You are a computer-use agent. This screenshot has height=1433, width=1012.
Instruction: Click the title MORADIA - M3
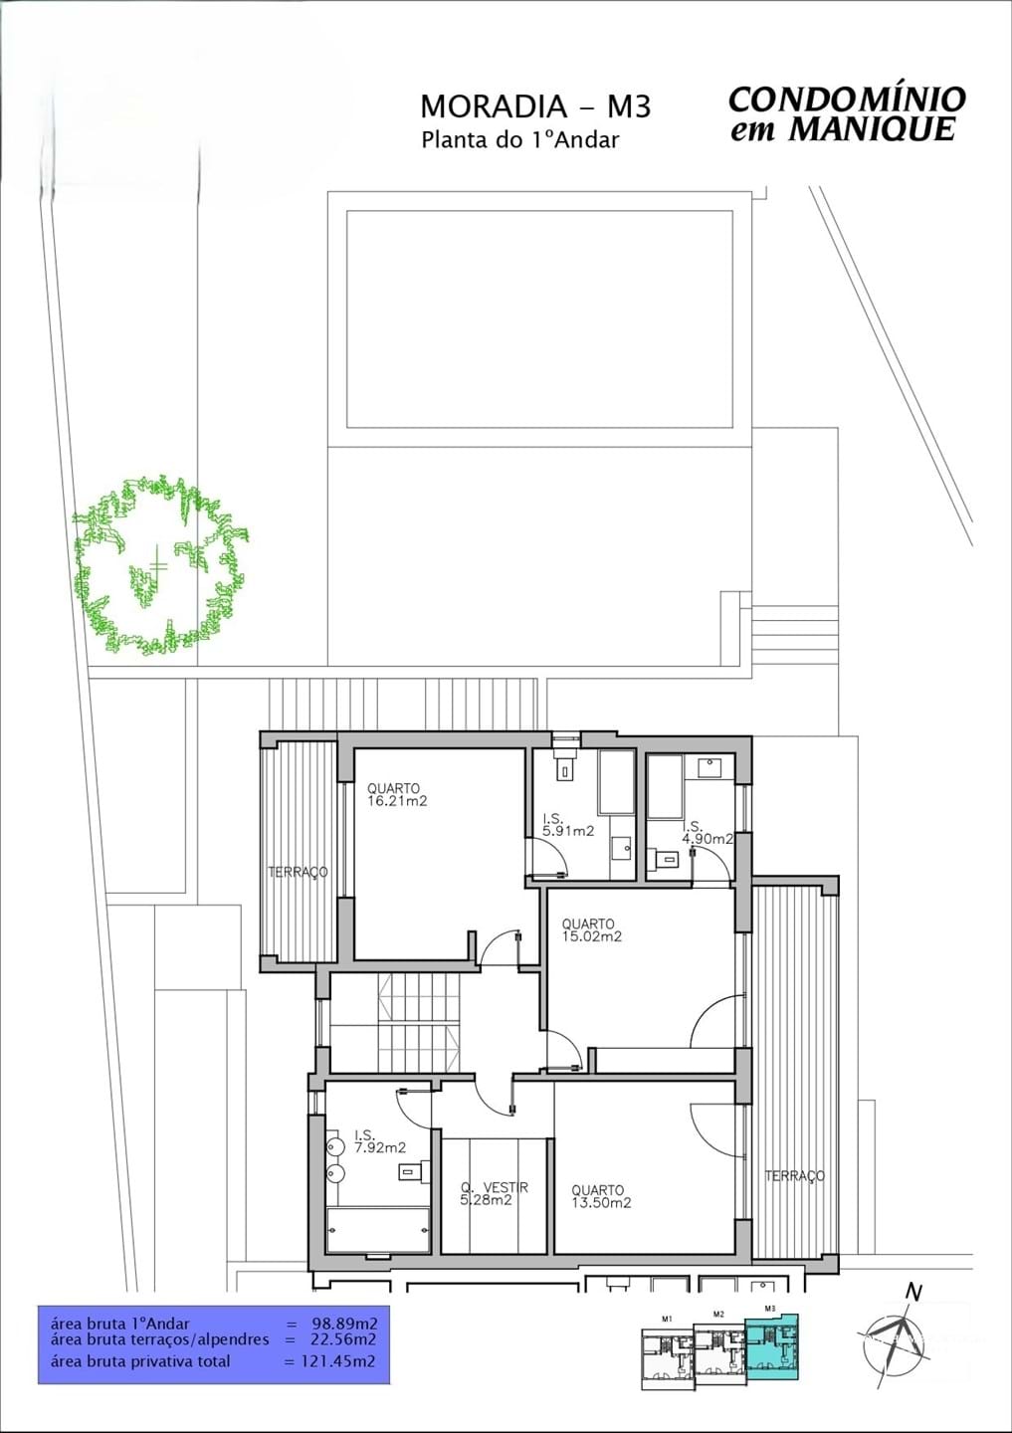[535, 105]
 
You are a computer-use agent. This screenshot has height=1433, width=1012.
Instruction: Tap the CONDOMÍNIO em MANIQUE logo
[846, 113]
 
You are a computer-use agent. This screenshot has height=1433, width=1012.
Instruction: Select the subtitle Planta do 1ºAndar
[520, 139]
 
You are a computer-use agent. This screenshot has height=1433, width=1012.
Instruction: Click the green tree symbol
[159, 564]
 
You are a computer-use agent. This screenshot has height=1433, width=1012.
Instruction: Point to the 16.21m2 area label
[397, 801]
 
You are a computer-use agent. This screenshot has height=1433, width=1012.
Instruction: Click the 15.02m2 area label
[592, 936]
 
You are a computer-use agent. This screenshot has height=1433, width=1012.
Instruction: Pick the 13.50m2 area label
[601, 1203]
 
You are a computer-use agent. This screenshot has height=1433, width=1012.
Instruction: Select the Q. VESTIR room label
[494, 1187]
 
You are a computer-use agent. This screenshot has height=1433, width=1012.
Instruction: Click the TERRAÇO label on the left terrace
[298, 873]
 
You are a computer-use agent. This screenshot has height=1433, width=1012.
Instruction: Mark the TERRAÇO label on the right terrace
[794, 1176]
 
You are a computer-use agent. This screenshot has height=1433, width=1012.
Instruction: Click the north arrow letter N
[912, 1293]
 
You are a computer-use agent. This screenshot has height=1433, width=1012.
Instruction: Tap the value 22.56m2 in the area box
[338, 1340]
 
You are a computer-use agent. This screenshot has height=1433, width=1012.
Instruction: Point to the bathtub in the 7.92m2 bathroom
[378, 1230]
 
